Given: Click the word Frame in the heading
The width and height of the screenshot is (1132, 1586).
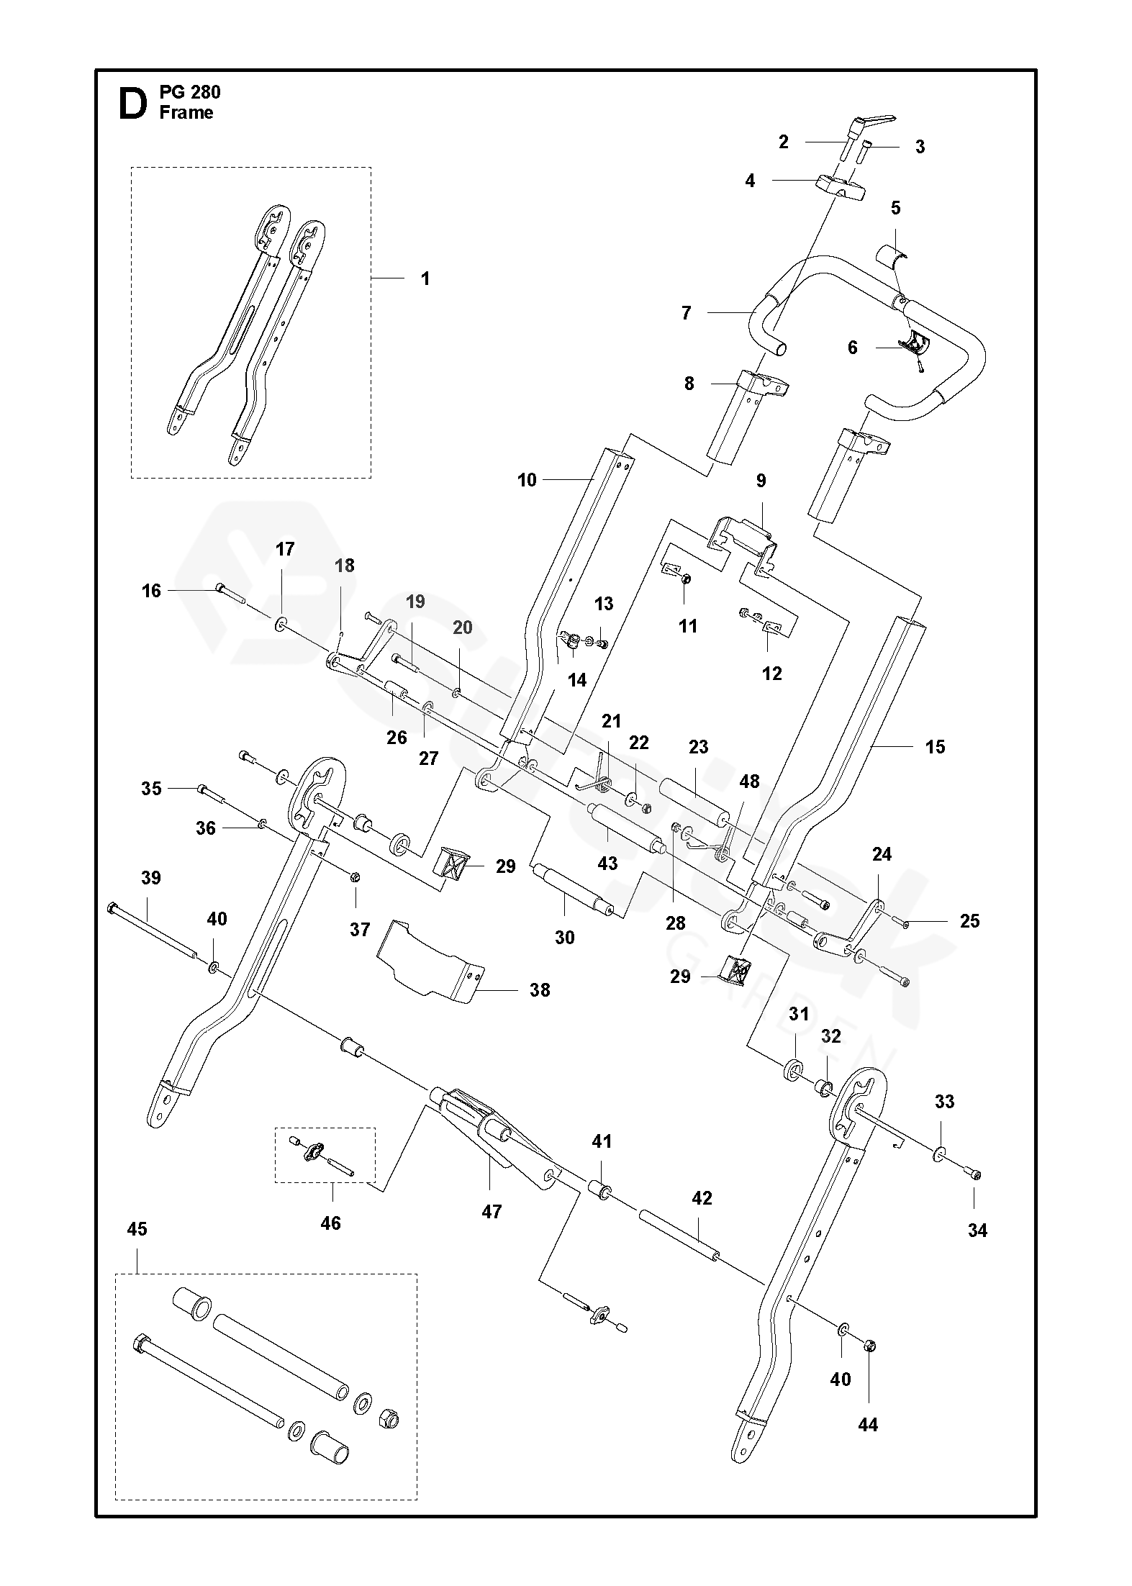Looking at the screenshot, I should click(186, 113).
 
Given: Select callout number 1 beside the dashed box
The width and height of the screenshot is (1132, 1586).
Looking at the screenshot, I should click(425, 278).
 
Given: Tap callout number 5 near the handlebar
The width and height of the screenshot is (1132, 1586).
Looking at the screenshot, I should click(895, 209).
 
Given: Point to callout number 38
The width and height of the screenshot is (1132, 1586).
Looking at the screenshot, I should click(540, 990).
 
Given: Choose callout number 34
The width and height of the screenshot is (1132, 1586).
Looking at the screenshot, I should click(977, 1231).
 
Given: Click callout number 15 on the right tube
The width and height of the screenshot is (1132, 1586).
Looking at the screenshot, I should click(935, 747).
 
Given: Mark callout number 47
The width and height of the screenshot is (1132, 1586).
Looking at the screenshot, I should click(492, 1212).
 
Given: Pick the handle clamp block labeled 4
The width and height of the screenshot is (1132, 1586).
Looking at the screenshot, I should click(839, 186).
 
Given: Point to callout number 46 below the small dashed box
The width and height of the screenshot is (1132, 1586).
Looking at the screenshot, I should click(330, 1223).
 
